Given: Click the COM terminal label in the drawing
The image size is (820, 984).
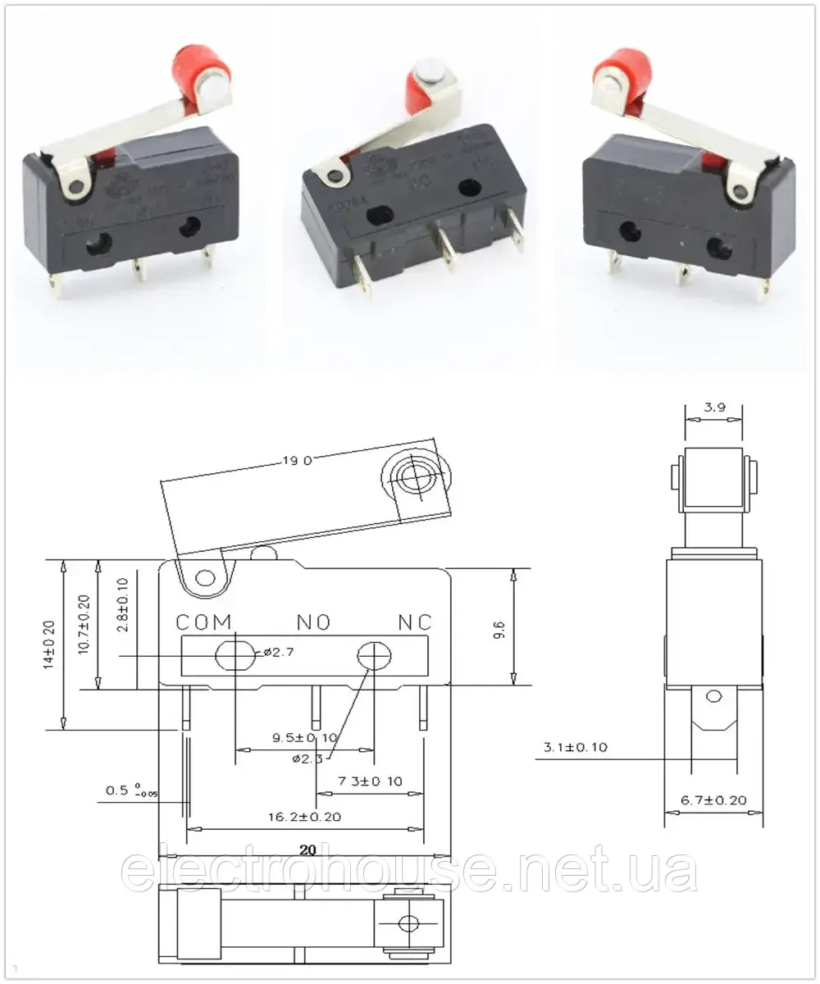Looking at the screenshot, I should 204,622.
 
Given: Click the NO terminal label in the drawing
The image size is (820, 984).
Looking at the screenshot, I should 313,622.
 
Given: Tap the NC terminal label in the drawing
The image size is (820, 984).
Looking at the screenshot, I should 415,622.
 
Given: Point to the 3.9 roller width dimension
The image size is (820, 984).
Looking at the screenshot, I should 713,407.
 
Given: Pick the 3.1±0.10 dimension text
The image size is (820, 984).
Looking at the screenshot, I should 575,748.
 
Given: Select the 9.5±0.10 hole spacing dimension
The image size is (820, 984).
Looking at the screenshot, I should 304,738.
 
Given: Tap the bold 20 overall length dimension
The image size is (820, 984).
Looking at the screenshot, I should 307,850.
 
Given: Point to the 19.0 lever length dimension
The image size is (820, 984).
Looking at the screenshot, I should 296,462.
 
